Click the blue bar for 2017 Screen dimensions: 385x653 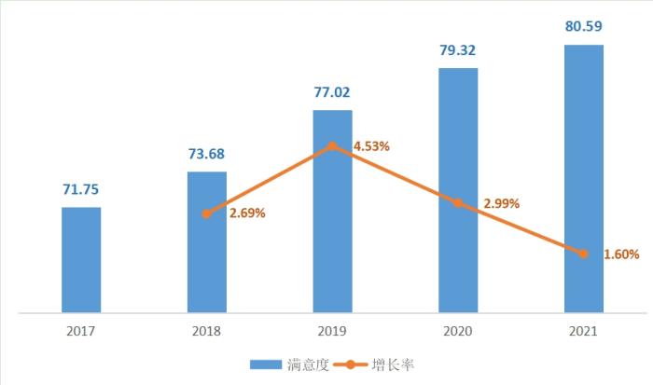point(81,259)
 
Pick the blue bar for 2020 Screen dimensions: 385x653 point(458,190)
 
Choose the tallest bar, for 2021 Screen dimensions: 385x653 point(584,178)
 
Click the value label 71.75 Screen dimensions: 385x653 point(81,189)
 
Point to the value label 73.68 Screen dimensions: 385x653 point(206,154)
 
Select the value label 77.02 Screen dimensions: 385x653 point(332,92)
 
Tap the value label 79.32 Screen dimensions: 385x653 point(458,50)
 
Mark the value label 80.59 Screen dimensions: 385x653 point(584,27)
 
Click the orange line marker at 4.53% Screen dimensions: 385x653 point(332,145)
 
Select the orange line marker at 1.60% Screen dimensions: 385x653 point(584,254)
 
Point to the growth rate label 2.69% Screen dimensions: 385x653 point(247,213)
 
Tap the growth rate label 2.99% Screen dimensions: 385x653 point(500,203)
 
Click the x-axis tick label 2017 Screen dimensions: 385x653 point(81,331)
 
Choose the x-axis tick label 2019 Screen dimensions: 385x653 point(332,331)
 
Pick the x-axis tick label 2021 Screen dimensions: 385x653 point(584,331)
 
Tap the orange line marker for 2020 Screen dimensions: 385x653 point(458,202)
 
